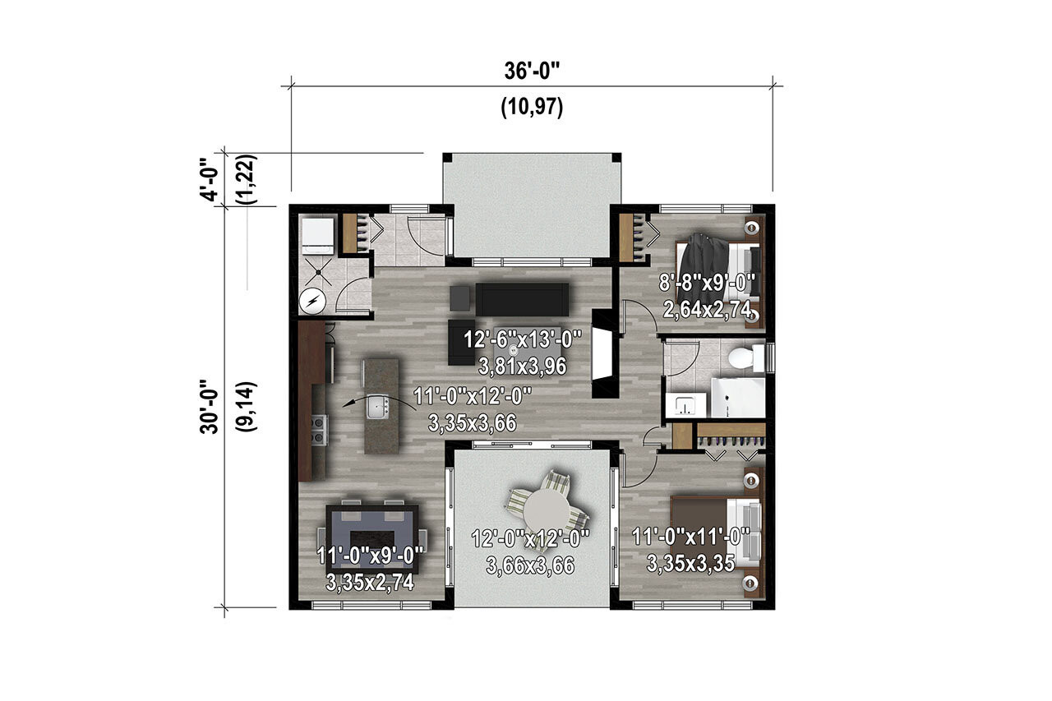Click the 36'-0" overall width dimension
click(532, 71)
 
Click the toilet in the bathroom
click(741, 358)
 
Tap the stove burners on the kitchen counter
click(318, 429)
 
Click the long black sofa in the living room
click(523, 299)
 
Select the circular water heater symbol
click(312, 302)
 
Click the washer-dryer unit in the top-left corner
click(316, 235)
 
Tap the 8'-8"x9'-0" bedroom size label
click(707, 284)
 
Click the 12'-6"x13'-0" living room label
click(522, 338)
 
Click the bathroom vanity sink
click(686, 405)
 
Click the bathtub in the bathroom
click(739, 399)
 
